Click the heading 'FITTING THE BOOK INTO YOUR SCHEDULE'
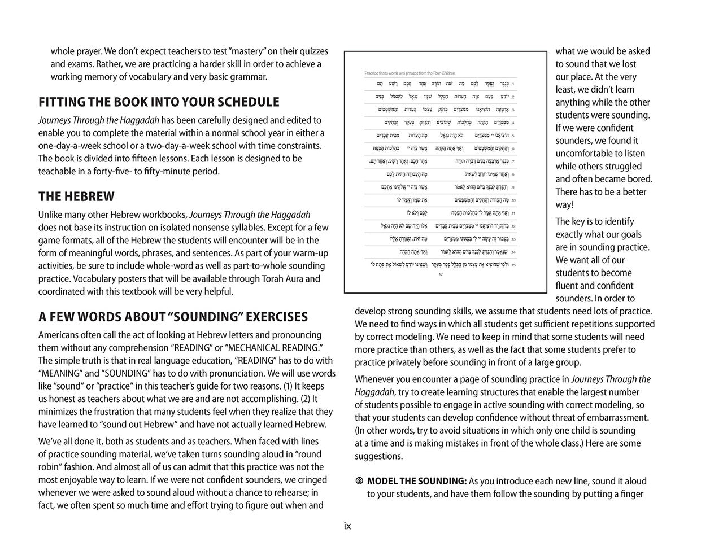tap(159, 102)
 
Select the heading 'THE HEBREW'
tap(76, 197)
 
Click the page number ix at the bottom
tap(347, 526)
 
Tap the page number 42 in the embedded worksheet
tap(441, 274)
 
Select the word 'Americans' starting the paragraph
tap(59, 335)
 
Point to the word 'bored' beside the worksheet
tap(640, 179)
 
